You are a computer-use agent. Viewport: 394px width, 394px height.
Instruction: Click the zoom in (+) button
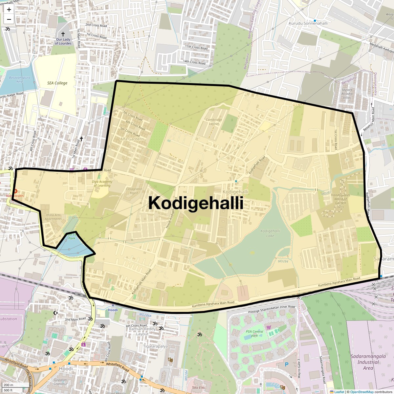click(x=9, y=10)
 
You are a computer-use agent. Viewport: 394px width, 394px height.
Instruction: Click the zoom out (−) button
click(x=9, y=19)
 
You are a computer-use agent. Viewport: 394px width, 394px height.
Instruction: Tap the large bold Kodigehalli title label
click(x=196, y=203)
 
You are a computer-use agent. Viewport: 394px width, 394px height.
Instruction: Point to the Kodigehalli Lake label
click(x=270, y=233)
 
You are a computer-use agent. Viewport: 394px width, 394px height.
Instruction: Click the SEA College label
click(x=56, y=83)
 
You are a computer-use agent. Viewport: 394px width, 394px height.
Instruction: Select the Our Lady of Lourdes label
click(x=63, y=41)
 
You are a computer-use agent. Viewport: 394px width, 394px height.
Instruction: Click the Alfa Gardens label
click(x=132, y=139)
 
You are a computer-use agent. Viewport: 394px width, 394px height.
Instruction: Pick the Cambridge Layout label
click(x=214, y=121)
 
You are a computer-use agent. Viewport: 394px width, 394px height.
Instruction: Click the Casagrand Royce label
click(x=134, y=191)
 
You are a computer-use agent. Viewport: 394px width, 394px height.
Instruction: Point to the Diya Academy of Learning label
click(x=102, y=184)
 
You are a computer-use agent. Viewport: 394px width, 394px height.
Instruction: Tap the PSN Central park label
click(x=252, y=334)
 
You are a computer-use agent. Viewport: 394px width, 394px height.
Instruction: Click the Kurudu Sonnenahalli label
click(x=308, y=23)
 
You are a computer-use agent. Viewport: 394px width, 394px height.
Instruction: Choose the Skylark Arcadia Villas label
click(x=347, y=94)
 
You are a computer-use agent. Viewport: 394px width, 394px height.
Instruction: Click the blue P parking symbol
click(x=286, y=364)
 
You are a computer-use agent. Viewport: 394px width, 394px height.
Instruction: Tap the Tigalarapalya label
click(x=156, y=346)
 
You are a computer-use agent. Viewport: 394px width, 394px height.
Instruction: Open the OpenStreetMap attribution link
click(x=361, y=392)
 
